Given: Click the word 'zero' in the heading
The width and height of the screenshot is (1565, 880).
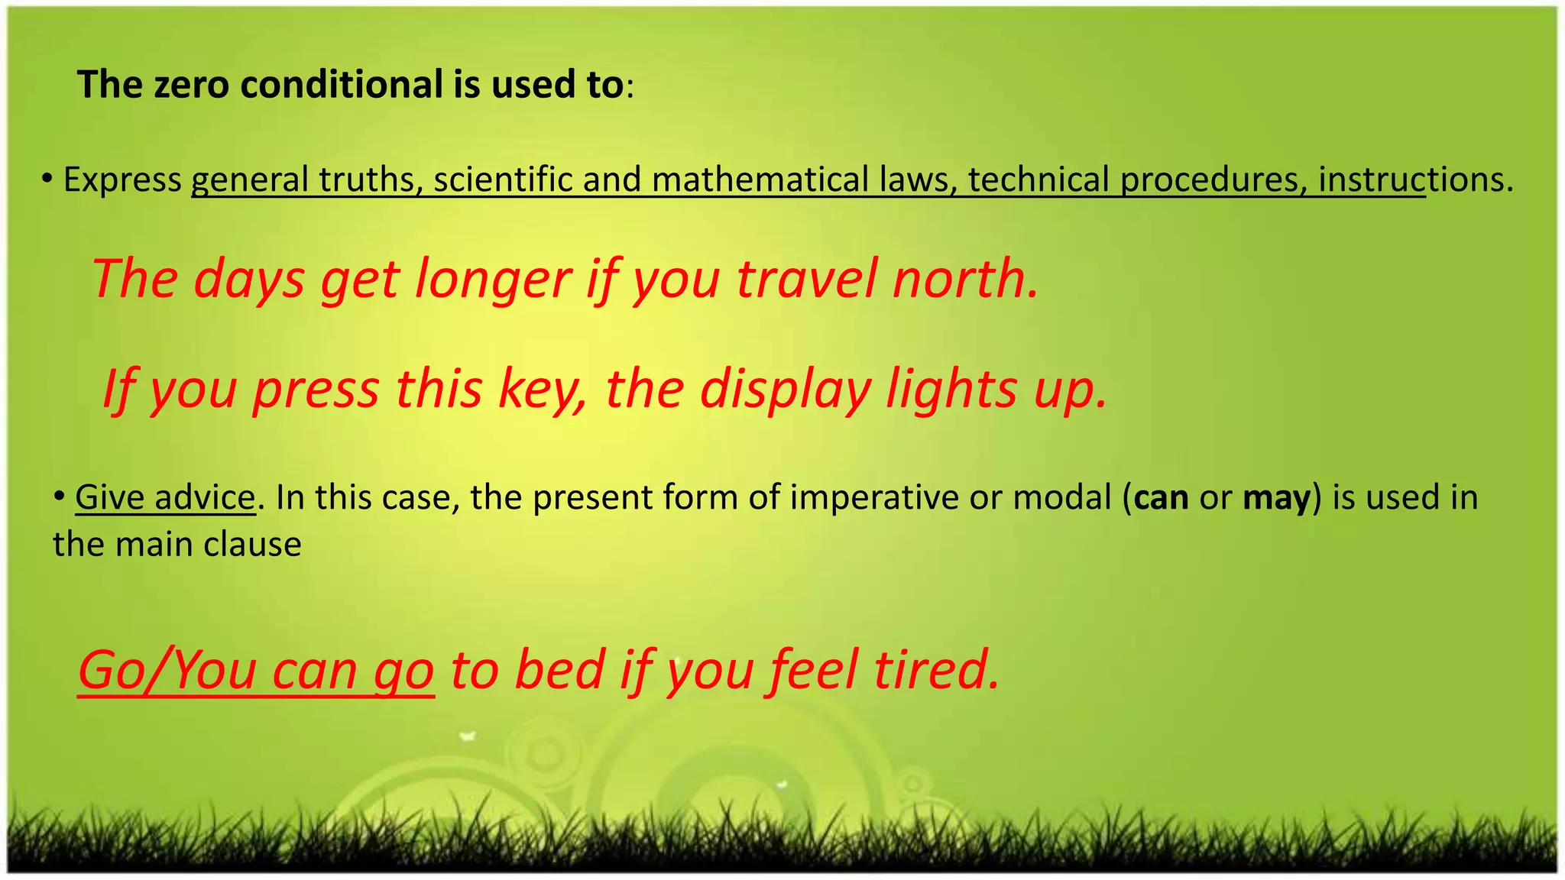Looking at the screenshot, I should click(x=191, y=85).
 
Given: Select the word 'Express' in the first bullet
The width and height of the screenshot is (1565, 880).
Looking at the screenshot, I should click(x=122, y=180).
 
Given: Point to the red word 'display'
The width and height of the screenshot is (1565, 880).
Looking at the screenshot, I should click(x=786, y=390).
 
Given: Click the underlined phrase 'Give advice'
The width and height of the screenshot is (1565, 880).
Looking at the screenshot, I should click(x=165, y=497).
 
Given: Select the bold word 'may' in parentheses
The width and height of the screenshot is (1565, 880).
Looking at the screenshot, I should click(x=1276, y=497).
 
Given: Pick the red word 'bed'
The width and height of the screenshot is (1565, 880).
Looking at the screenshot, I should click(x=559, y=670).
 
